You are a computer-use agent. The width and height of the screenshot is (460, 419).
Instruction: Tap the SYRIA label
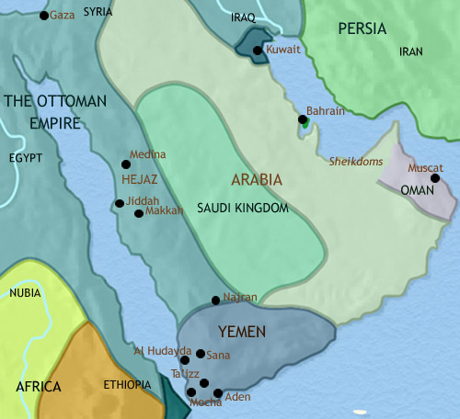point(98,13)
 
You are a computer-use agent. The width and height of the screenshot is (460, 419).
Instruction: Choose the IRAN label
point(410,53)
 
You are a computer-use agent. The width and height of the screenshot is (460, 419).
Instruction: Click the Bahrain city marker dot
point(302,119)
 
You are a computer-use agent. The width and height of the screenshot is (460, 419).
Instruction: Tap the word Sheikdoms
point(355,161)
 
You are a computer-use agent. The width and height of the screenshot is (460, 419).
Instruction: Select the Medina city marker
point(126,164)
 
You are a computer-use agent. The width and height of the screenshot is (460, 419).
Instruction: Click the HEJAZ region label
point(141,171)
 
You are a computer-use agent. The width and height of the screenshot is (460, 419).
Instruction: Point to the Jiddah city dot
point(119,204)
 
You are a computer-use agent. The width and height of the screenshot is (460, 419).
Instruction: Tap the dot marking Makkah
point(139,213)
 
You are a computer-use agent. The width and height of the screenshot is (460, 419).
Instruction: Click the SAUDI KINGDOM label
point(243,209)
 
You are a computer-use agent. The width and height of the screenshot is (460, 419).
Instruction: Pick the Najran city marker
point(215,300)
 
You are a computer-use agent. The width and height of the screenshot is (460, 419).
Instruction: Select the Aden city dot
point(217,393)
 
